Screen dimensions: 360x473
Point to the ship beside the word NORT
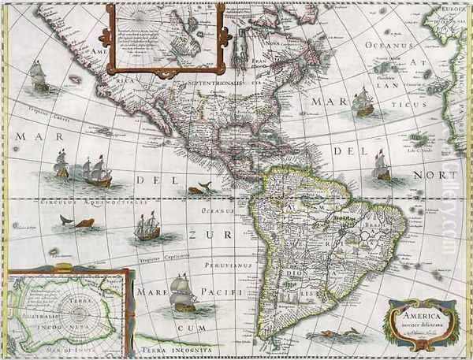pos(382,165)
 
